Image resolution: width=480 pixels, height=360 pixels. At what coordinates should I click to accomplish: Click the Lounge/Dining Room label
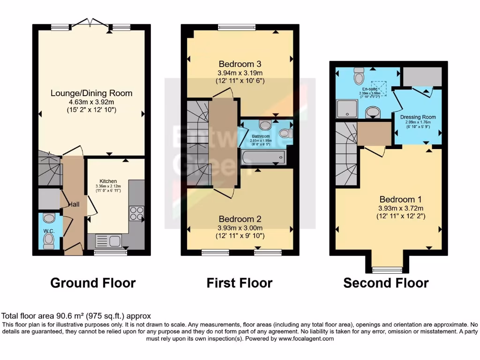(91, 93)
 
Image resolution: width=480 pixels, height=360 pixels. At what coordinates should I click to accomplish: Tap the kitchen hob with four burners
(137, 213)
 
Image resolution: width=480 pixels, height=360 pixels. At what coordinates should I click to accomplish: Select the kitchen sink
(109, 241)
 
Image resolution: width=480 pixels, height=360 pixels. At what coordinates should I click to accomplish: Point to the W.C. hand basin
(48, 218)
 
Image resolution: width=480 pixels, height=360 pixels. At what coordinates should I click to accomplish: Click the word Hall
(74, 204)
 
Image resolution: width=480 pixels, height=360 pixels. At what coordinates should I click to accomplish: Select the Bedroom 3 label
(240, 64)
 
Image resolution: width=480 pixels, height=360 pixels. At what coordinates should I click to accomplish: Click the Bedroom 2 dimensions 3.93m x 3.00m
(240, 228)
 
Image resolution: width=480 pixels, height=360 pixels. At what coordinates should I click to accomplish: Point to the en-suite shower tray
(347, 109)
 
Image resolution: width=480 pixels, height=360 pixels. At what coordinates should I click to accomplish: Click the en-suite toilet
(360, 75)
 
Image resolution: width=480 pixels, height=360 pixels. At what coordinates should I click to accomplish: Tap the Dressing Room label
(418, 117)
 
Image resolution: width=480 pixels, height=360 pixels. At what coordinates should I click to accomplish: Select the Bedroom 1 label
(397, 199)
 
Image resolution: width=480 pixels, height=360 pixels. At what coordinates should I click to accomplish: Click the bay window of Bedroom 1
(387, 270)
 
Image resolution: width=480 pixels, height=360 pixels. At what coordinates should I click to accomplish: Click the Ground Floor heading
(93, 283)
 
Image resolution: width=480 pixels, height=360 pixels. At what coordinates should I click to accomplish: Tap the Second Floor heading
(386, 283)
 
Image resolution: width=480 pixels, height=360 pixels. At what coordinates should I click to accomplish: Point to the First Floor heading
(240, 283)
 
